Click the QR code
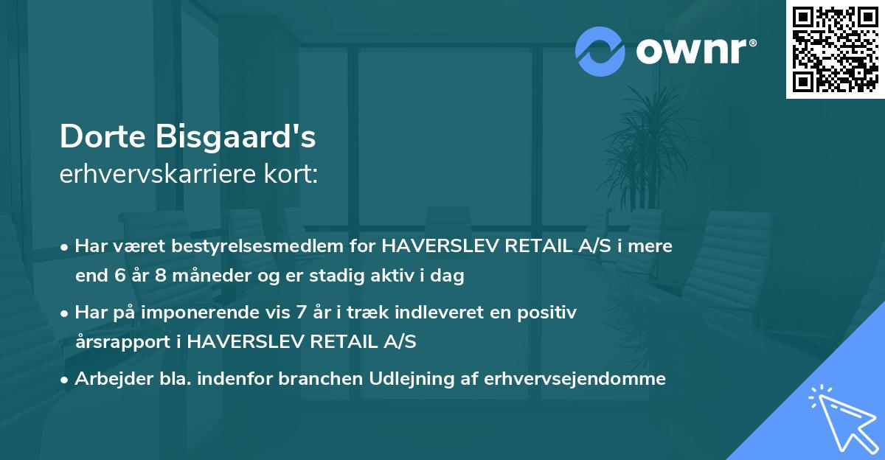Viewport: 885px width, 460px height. coord(836,49)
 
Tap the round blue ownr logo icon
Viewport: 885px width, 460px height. coord(600,51)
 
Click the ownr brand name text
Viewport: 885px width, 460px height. coord(694,52)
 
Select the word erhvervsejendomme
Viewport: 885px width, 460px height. coord(575,379)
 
